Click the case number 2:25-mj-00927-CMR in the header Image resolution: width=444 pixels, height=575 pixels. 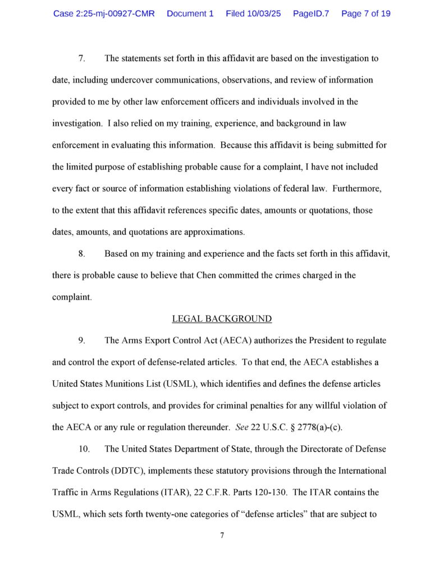point(104,13)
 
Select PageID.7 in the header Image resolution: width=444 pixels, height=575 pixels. point(310,13)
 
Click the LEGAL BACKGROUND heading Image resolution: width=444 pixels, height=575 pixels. point(222,319)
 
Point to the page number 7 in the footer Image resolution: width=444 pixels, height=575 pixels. point(222,535)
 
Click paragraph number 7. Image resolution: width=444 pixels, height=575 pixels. point(81,58)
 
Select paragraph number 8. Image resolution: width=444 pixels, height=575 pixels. point(81,254)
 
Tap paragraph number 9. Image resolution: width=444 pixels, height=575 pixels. point(81,341)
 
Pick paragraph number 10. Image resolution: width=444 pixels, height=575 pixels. point(83,449)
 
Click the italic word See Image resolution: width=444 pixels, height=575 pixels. point(242,427)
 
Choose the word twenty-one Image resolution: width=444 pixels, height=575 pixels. point(172,514)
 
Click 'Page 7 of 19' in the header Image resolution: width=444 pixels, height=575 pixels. point(365,13)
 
